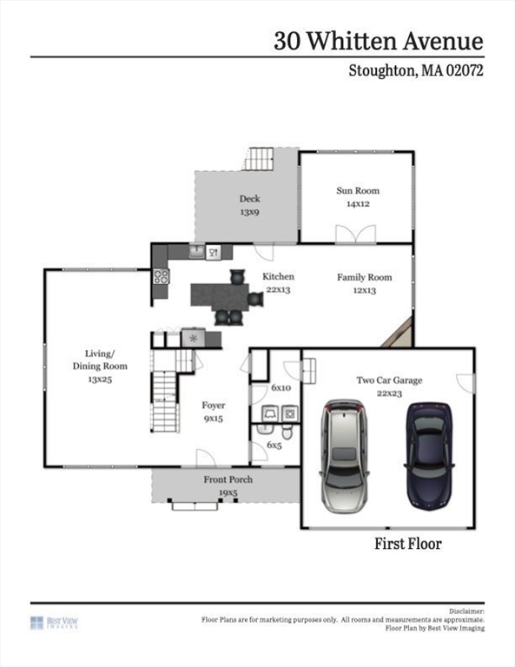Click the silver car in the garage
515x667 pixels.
click(x=344, y=456)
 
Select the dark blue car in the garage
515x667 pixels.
click(x=429, y=456)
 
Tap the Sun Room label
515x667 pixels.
click(x=358, y=190)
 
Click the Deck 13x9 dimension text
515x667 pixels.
click(x=249, y=212)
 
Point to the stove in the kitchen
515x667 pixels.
click(x=162, y=276)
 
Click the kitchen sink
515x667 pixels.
click(x=197, y=252)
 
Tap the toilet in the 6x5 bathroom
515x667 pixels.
click(x=287, y=432)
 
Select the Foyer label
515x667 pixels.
click(x=214, y=406)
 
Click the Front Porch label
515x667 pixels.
click(x=228, y=479)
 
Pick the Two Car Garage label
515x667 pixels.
click(x=390, y=380)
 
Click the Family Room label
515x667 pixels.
click(x=365, y=277)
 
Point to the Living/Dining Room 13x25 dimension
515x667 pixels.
click(x=100, y=380)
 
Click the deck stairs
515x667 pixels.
click(x=259, y=159)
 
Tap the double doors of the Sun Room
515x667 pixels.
click(x=355, y=234)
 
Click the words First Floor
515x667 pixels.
click(x=408, y=544)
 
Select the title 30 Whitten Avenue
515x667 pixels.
click(x=379, y=41)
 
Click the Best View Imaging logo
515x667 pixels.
click(x=54, y=623)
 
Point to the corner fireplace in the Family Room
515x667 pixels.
click(x=399, y=333)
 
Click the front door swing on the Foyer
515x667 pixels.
click(x=206, y=459)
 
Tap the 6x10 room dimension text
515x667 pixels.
click(x=281, y=388)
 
